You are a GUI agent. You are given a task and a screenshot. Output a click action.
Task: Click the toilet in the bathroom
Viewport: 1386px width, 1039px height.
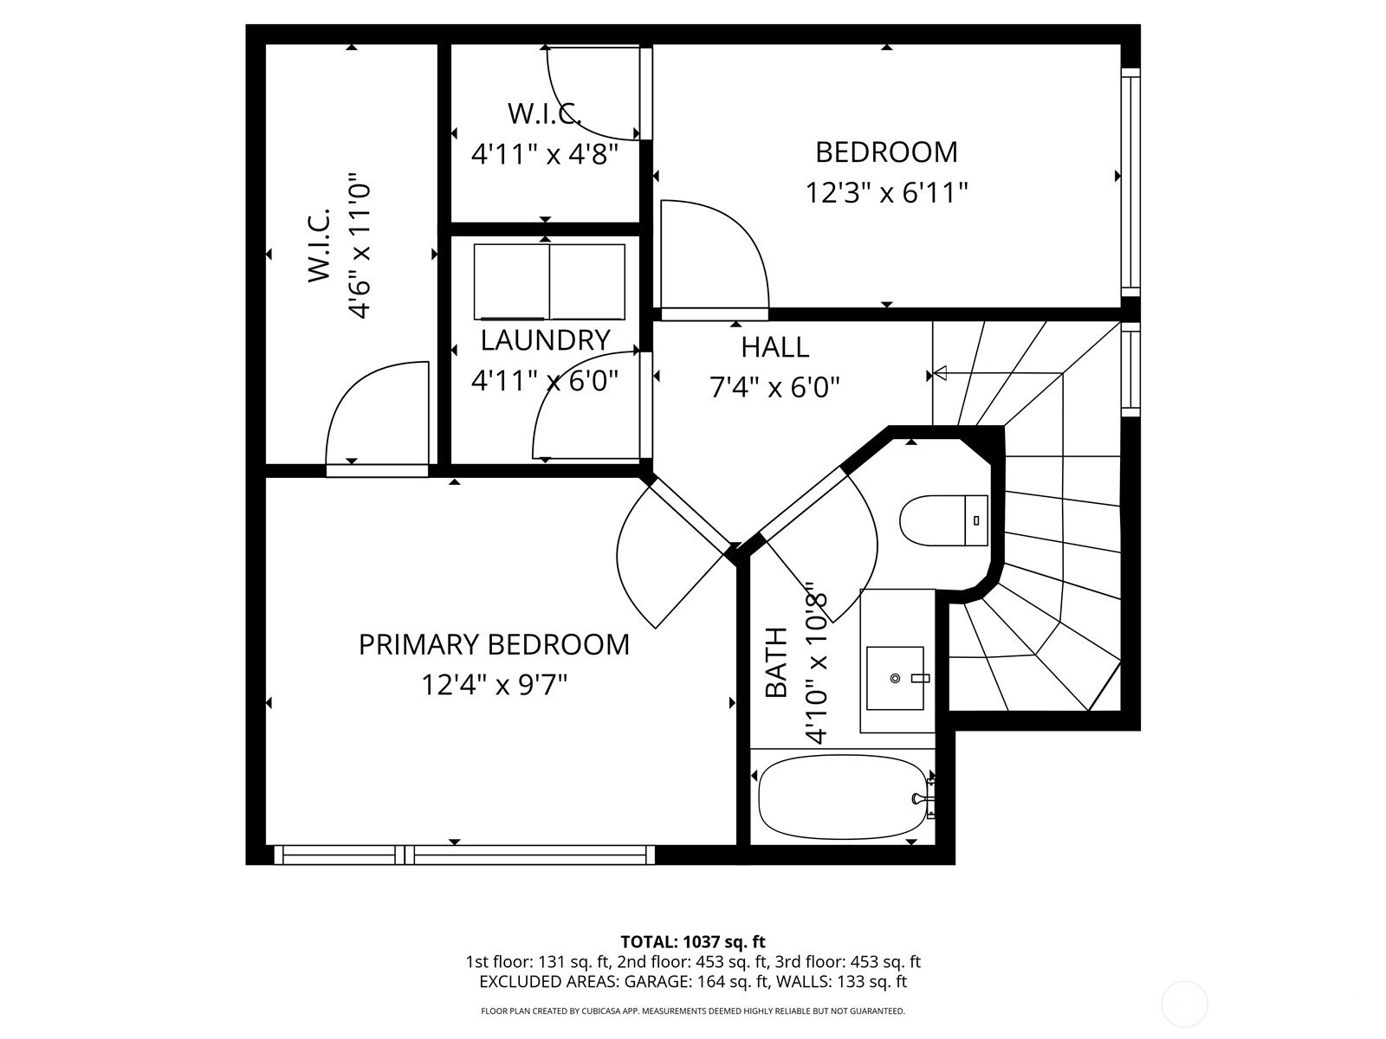pyautogui.click(x=943, y=520)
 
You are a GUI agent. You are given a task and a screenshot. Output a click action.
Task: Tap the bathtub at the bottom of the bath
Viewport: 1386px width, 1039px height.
pyautogui.click(x=842, y=798)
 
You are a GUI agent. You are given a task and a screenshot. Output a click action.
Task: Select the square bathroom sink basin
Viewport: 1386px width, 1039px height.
pyautogui.click(x=895, y=678)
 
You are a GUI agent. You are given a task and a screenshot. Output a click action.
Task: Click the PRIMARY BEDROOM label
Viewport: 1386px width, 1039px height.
pyautogui.click(x=494, y=645)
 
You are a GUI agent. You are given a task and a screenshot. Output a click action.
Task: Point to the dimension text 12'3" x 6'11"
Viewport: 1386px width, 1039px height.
pyautogui.click(x=886, y=192)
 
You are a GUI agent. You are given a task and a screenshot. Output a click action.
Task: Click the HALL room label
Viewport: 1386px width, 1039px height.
pyautogui.click(x=774, y=347)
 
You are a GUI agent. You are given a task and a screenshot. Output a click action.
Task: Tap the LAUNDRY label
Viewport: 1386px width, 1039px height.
pyautogui.click(x=545, y=340)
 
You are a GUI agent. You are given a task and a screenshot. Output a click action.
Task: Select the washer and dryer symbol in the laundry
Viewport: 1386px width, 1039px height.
pyautogui.click(x=549, y=282)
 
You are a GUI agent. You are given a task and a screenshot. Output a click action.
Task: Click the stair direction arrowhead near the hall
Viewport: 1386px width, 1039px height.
pyautogui.click(x=940, y=373)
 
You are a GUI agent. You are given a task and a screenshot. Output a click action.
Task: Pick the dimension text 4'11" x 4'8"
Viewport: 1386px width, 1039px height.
pyautogui.click(x=544, y=154)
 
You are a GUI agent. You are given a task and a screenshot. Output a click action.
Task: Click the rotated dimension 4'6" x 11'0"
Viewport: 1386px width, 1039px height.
pyautogui.click(x=358, y=245)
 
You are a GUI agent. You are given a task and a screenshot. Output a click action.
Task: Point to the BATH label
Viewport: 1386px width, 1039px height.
pyautogui.click(x=776, y=662)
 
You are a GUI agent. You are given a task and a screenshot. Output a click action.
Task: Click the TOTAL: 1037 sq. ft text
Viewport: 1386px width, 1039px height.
pyautogui.click(x=693, y=942)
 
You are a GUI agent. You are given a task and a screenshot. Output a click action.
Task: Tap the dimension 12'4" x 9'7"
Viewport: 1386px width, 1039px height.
pyautogui.click(x=494, y=685)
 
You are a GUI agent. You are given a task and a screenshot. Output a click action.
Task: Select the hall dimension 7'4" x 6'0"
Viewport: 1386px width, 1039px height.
pyautogui.click(x=774, y=387)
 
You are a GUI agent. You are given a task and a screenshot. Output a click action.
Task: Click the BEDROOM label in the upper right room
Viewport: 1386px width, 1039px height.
pyautogui.click(x=886, y=152)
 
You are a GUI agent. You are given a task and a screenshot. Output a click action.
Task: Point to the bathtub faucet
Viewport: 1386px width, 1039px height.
pyautogui.click(x=923, y=798)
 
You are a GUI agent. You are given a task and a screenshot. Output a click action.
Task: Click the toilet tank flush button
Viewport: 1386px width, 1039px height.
pyautogui.click(x=976, y=520)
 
